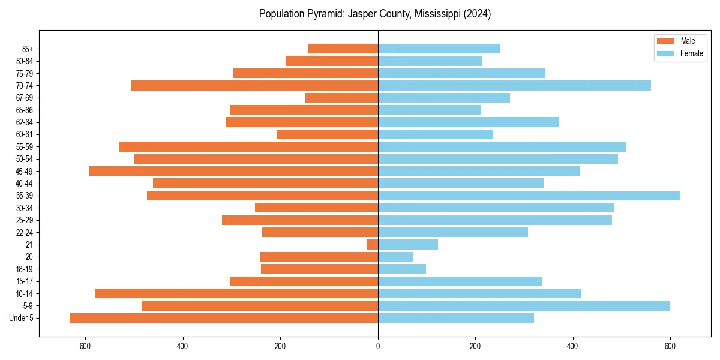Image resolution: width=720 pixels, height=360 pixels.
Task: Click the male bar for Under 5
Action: coord(223,318)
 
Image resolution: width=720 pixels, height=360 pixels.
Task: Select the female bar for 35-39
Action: coord(529,196)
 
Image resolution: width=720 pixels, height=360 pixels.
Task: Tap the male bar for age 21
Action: coord(372,244)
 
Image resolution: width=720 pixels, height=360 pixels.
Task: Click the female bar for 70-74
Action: coord(514,85)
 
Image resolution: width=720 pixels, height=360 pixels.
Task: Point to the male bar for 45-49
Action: coord(233,171)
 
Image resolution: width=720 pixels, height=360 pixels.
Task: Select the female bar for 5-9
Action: coord(524,305)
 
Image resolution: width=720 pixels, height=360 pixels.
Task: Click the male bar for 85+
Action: coord(343,49)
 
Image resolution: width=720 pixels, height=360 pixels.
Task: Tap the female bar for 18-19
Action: coord(401,269)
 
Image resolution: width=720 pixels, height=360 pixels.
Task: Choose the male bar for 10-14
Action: coord(236,293)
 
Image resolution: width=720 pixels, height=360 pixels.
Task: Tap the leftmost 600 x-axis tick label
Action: coord(85,346)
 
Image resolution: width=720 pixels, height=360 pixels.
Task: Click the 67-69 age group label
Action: coord(24,98)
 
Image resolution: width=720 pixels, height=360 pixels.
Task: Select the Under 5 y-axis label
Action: coord(21,318)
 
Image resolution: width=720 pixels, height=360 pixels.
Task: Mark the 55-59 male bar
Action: coord(248,146)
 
